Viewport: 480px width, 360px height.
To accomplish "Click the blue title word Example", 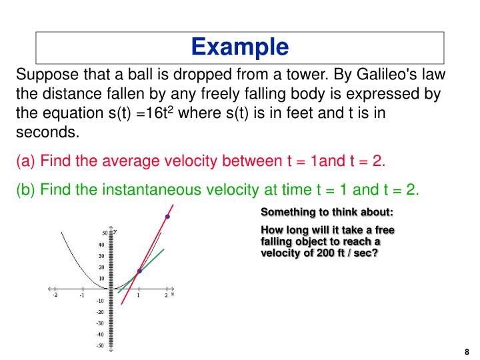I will click(240, 47).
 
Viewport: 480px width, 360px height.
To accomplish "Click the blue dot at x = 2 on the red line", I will click(167, 217).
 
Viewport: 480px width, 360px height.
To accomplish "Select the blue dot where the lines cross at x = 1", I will click(139, 271).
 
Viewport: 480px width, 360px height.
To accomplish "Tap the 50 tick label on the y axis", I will click(105, 233).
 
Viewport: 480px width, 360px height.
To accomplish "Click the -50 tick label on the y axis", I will click(101, 345).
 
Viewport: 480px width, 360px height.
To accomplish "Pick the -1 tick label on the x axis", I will click(81, 295).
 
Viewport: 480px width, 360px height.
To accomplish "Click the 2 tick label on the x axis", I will click(166, 295).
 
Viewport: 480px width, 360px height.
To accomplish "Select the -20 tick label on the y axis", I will click(100, 312).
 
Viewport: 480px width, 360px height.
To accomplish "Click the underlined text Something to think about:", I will click(327, 213).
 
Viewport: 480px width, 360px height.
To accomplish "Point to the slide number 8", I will click(466, 351).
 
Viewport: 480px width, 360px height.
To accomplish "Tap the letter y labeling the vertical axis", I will click(116, 231).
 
